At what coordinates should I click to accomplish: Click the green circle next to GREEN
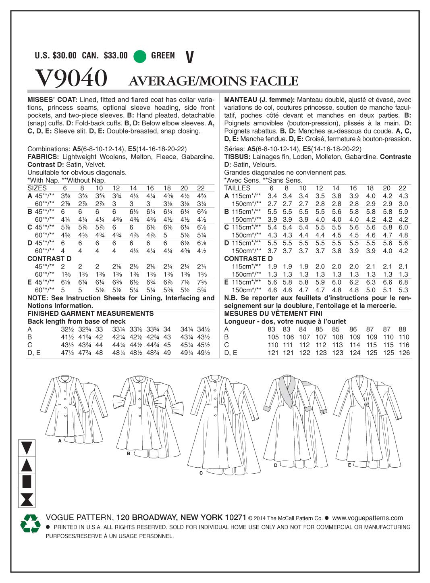point(140,56)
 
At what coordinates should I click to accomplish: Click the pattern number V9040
point(71,78)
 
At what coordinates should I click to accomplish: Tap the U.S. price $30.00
point(64,56)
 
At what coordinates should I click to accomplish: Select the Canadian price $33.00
point(116,56)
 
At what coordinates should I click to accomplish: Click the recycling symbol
point(31,524)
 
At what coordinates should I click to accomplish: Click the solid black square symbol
point(27,481)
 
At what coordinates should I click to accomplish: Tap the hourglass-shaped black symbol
point(27,499)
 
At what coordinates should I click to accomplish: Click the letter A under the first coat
point(60,441)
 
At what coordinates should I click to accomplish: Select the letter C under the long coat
point(201,473)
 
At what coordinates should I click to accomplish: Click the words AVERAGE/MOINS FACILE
point(213,81)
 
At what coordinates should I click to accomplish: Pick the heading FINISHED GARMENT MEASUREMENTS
point(91,313)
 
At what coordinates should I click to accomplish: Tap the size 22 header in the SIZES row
point(201,188)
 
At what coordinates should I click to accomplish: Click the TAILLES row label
point(237,188)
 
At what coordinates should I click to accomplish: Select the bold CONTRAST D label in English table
point(50,258)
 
